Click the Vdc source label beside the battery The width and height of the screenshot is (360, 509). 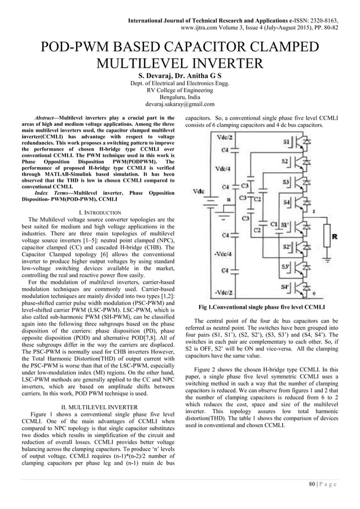click(x=198, y=192)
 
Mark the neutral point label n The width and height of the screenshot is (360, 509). click(x=227, y=200)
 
